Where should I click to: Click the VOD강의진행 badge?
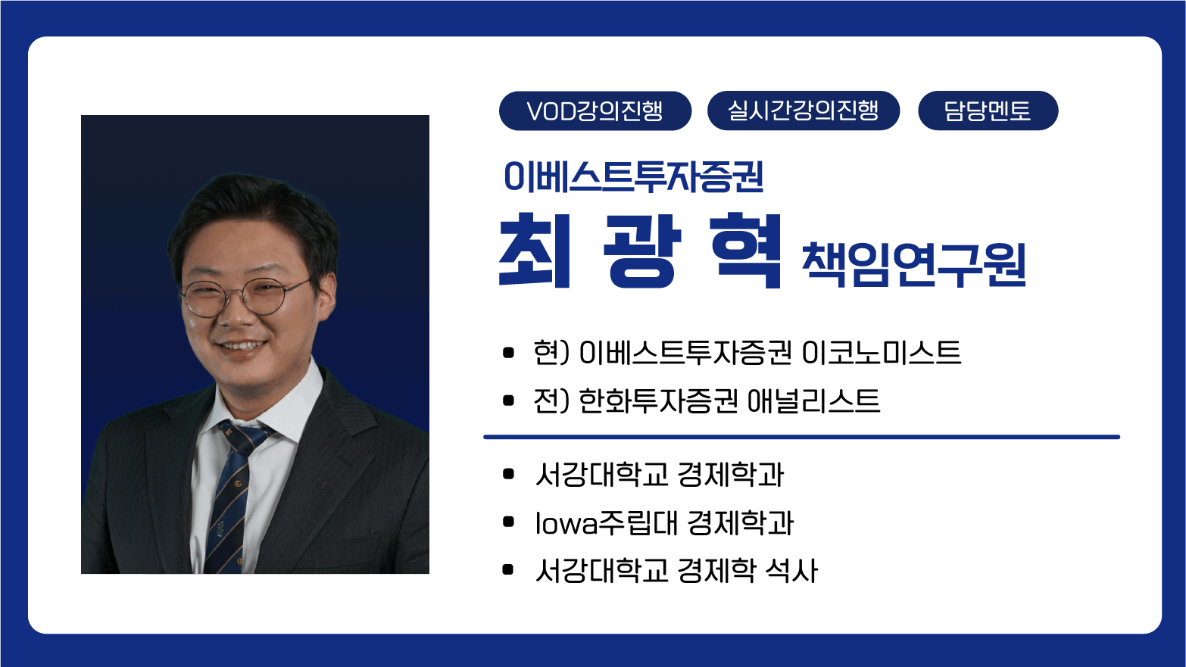(595, 111)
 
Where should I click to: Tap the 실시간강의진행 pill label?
(804, 111)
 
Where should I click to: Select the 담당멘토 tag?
(988, 111)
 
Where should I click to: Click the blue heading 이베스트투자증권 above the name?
(634, 176)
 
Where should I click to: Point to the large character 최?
(535, 250)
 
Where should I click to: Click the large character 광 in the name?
(641, 251)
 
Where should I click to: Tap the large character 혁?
(747, 250)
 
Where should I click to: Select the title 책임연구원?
(914, 265)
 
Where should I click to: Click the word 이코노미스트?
(882, 352)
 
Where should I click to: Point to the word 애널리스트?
(814, 401)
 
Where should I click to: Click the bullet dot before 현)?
(508, 353)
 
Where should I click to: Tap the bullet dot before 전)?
(508, 401)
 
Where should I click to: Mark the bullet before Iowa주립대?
(508, 522)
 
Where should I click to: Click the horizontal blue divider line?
(801, 437)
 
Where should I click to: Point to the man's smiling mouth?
(242, 347)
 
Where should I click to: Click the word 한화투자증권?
(658, 401)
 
